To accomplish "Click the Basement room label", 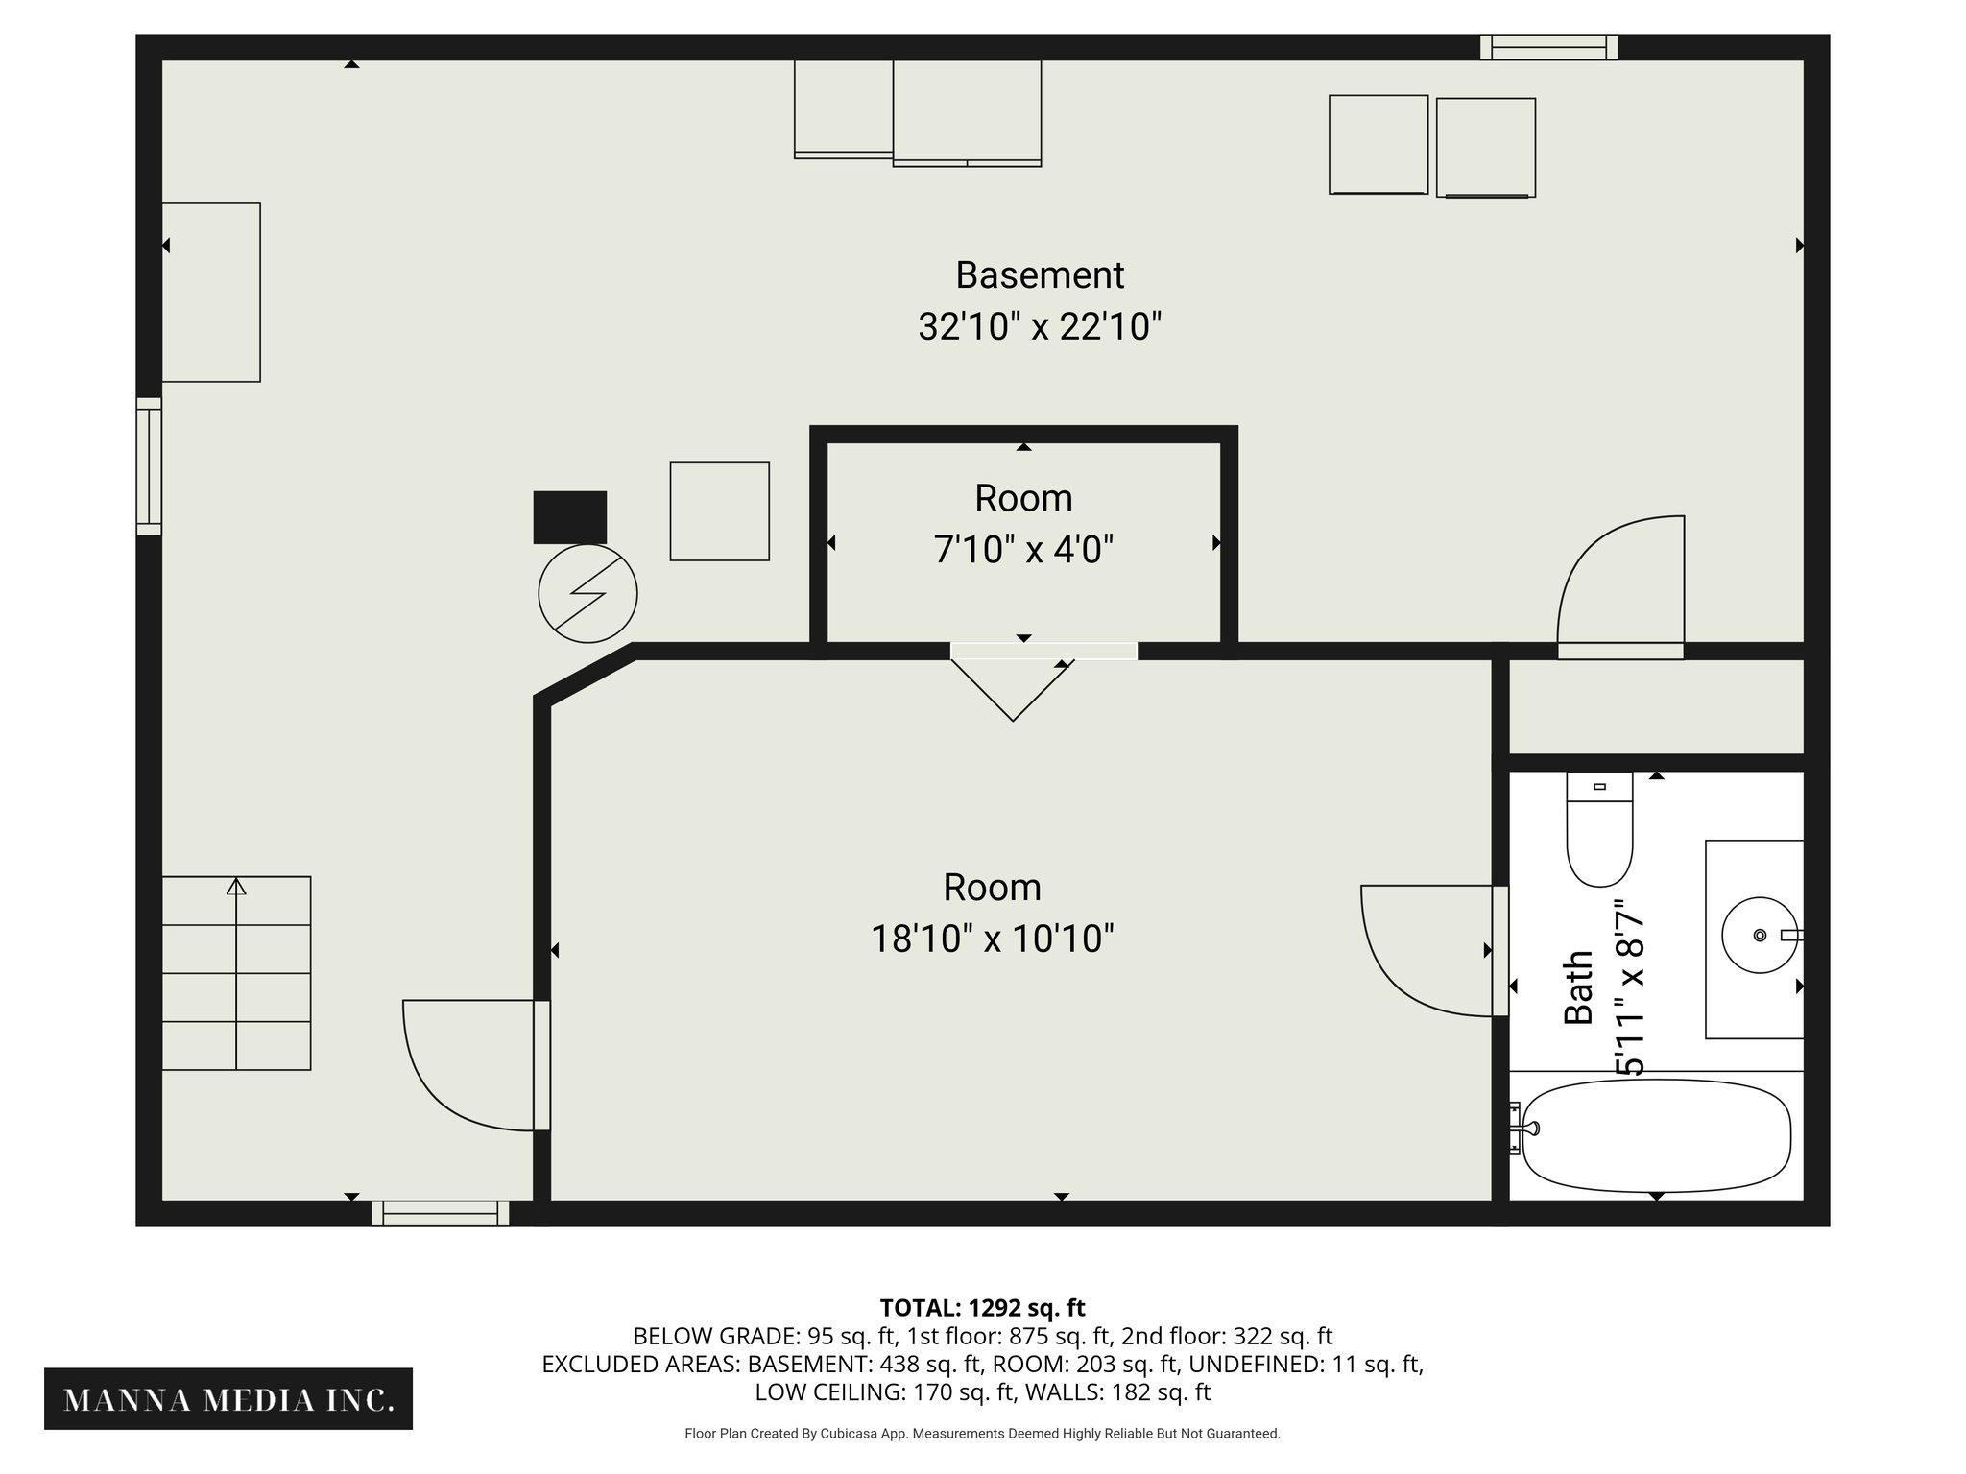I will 1040,275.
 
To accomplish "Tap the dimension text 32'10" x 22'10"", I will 1040,327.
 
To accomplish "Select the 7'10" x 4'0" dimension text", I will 1023,551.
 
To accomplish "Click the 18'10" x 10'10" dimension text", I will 992,939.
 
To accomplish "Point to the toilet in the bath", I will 1599,831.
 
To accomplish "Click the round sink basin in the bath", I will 1760,935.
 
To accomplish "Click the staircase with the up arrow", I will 236,972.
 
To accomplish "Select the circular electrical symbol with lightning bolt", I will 587,594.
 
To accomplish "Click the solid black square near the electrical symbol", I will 570,517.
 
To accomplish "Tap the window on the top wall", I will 1548,47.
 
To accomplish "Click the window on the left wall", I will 149,466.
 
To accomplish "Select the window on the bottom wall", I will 441,1214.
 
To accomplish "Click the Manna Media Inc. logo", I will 228,1400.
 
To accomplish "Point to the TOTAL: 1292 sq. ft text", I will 982,1307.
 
